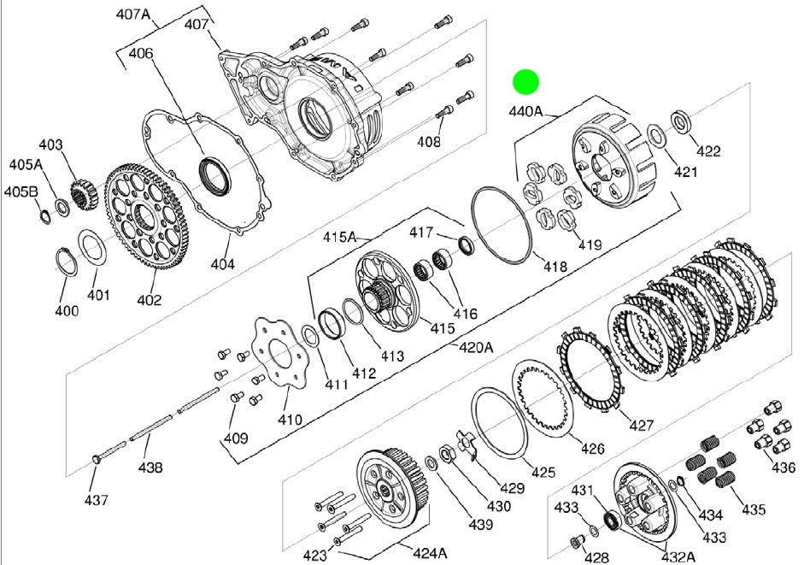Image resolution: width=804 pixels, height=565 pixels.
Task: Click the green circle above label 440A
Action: point(526,82)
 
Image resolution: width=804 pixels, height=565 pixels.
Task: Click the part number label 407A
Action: point(132,14)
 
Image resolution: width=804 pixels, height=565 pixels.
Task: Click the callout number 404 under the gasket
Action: point(223,264)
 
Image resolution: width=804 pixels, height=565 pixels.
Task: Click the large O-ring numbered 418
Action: point(501,226)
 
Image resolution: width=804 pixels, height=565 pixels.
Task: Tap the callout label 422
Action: point(708,151)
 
